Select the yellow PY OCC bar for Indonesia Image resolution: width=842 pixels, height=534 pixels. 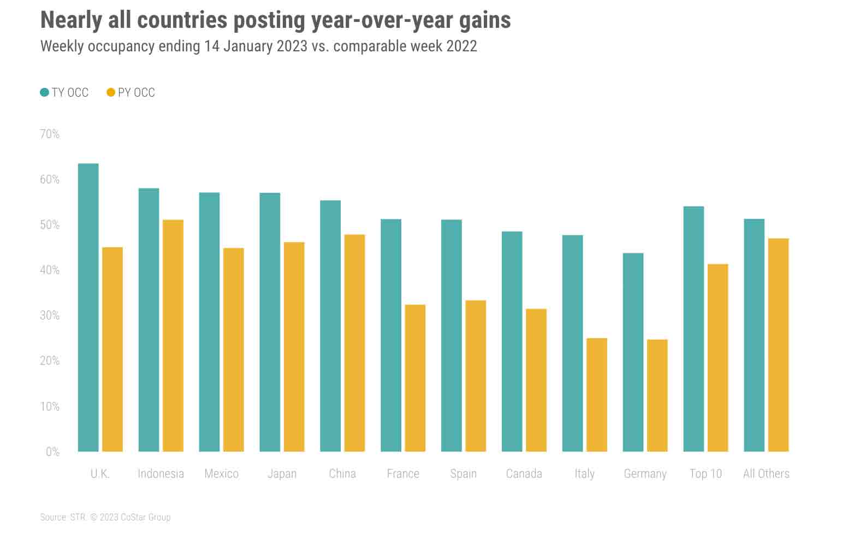pos(173,336)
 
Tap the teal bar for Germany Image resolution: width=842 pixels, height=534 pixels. pos(633,352)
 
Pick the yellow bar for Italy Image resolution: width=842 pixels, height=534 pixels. pos(597,395)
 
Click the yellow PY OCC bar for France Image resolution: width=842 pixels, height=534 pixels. pos(415,378)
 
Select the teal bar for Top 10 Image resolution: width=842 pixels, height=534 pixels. pos(693,329)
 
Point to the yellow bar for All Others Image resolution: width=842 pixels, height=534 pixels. pos(778,345)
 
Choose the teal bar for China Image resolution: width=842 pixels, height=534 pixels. pos(330,326)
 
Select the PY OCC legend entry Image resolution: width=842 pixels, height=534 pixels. pos(131,93)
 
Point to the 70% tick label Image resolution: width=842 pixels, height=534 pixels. pos(50,134)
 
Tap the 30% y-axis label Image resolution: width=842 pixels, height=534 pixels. pos(50,316)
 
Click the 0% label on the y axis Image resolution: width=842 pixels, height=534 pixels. pos(52,452)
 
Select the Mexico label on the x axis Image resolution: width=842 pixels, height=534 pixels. pos(221,473)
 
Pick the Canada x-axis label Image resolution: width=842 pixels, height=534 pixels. pos(524,473)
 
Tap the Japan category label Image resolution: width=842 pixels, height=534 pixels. pos(282,473)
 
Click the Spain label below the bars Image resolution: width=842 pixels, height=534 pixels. pos(463,473)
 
